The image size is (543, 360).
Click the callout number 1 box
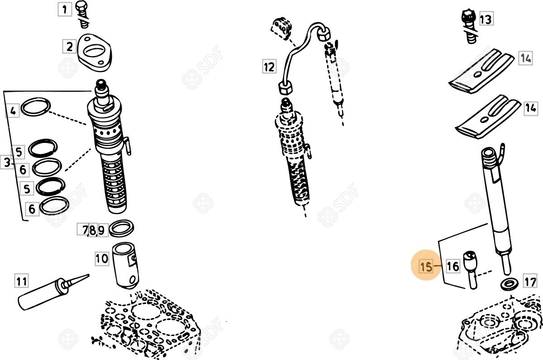(65, 9)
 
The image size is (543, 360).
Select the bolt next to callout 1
(83, 14)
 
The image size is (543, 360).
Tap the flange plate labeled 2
(94, 52)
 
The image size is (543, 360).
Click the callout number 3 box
(7, 162)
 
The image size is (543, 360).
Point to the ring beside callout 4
(36, 107)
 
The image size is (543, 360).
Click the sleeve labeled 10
(126, 266)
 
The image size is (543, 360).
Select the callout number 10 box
(102, 259)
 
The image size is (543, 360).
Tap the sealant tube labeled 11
(53, 292)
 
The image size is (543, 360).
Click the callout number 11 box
(21, 281)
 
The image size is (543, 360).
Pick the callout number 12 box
(269, 66)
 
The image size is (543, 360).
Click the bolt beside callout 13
(470, 27)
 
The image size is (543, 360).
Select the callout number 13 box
(486, 19)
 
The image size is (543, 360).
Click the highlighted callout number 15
(426, 266)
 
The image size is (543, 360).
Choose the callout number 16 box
(453, 266)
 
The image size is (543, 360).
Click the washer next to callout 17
(510, 284)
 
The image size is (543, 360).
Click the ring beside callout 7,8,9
(121, 228)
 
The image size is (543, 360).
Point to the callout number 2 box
(69, 46)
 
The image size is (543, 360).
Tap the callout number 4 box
(13, 111)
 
